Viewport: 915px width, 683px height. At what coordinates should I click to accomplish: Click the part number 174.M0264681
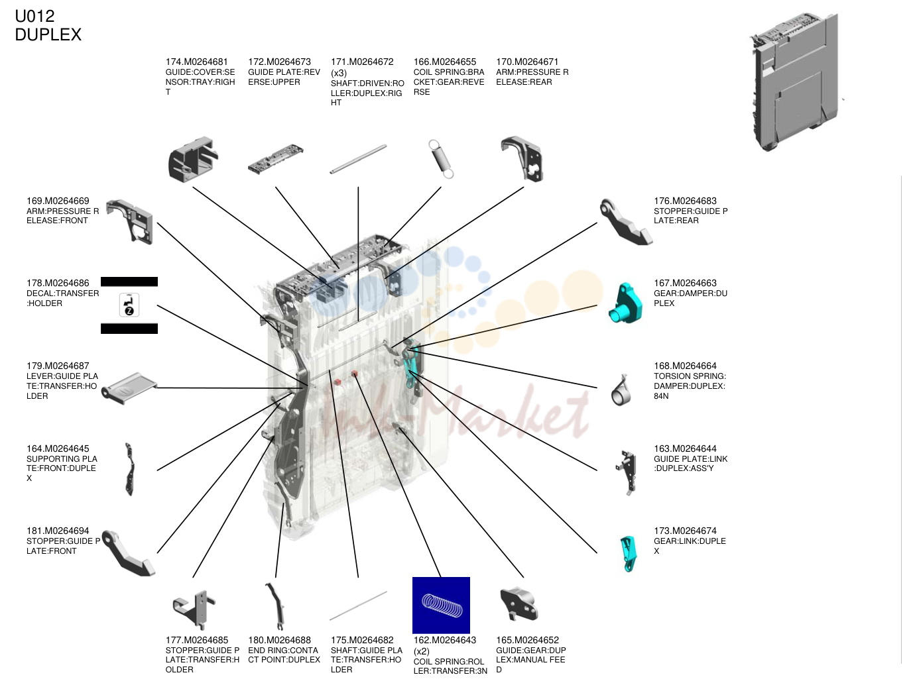tap(196, 62)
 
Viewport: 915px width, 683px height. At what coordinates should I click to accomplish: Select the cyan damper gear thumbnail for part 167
tap(625, 303)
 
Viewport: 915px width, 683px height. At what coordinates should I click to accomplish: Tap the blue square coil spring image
tap(441, 605)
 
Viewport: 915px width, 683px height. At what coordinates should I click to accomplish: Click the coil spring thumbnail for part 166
tap(441, 159)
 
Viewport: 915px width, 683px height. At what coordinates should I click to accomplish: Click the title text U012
tap(34, 17)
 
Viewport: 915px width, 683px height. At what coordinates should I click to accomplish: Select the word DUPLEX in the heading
tap(48, 34)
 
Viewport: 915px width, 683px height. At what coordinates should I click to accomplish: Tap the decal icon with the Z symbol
tap(129, 305)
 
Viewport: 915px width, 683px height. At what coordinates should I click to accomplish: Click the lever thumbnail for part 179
tap(129, 388)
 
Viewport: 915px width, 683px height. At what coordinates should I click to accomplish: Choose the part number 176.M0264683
tap(685, 201)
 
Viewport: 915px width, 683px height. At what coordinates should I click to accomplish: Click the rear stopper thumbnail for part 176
tap(625, 222)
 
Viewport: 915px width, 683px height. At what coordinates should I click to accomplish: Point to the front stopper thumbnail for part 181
tap(127, 553)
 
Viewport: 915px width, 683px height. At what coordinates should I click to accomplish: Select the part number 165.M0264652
tap(527, 640)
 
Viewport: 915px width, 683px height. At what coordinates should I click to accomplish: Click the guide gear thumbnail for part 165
tap(519, 605)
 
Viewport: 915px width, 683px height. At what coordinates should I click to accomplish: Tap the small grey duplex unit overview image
tap(796, 82)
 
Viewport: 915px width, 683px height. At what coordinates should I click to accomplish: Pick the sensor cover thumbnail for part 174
tap(193, 160)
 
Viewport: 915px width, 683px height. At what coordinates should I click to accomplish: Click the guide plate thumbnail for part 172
tap(276, 159)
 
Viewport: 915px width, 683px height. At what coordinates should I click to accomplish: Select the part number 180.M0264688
tap(279, 640)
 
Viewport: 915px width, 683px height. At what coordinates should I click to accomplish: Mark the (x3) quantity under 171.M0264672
tap(339, 73)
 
